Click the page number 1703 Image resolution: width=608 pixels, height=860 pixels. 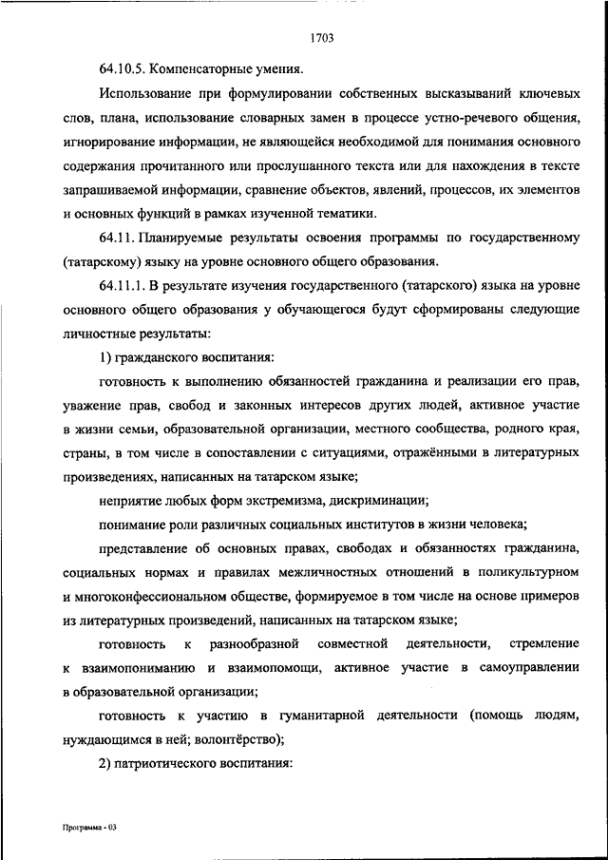[319, 39]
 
